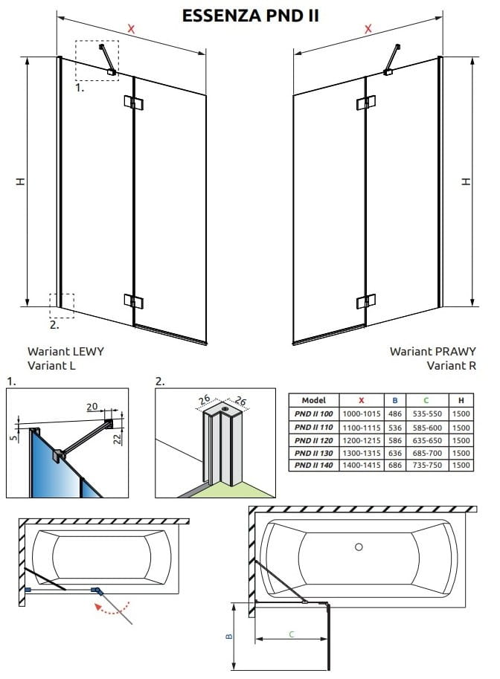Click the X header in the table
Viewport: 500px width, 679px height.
pos(361,399)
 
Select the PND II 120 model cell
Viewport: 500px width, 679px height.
pos(315,440)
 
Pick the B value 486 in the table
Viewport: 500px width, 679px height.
pos(394,414)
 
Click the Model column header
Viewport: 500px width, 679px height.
pos(315,399)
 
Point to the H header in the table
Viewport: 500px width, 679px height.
pos(461,399)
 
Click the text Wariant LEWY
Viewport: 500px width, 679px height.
pos(65,351)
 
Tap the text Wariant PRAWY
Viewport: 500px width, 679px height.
pos(432,351)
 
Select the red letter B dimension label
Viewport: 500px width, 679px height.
pos(230,636)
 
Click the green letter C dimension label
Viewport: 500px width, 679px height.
pos(292,634)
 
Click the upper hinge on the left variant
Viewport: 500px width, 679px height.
pos(133,103)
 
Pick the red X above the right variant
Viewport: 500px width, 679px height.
pos(368,29)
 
